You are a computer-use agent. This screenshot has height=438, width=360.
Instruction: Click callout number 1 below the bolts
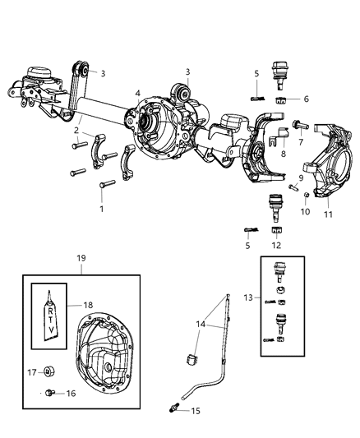pyautogui.click(x=101, y=209)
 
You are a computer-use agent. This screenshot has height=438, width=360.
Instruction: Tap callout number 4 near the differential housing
pyautogui.click(x=138, y=92)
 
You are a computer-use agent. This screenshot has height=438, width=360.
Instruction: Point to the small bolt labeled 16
pyautogui.click(x=51, y=392)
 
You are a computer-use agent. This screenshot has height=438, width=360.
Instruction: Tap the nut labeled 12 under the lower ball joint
pyautogui.click(x=277, y=230)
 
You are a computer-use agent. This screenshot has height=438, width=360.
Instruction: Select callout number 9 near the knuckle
pyautogui.click(x=301, y=178)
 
